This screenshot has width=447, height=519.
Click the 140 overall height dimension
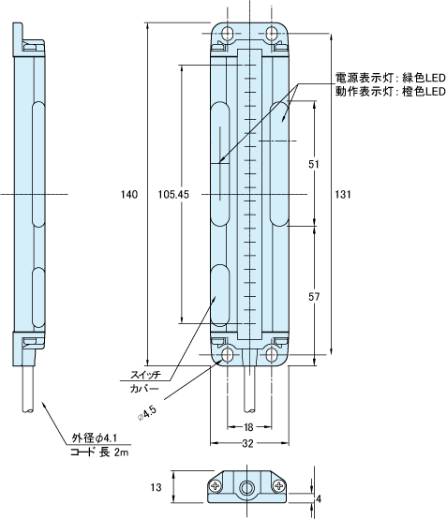click(x=128, y=194)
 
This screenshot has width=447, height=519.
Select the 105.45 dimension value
click(x=173, y=194)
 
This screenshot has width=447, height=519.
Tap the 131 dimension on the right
click(x=343, y=194)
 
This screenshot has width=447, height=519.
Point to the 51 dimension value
click(x=314, y=164)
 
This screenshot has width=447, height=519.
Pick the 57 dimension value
click(x=314, y=297)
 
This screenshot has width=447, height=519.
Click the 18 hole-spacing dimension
click(x=248, y=427)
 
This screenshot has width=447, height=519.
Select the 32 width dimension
click(x=247, y=443)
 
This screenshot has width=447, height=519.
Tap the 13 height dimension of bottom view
click(x=156, y=487)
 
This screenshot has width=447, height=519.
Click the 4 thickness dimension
click(x=319, y=498)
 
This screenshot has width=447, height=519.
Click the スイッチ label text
click(x=145, y=375)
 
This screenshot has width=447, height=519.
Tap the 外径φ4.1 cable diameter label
click(x=95, y=438)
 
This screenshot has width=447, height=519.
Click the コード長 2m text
click(x=99, y=452)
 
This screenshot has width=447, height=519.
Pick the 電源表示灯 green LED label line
click(x=391, y=78)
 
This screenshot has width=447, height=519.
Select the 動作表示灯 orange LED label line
click(x=391, y=92)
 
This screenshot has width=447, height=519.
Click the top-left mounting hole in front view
click(x=227, y=33)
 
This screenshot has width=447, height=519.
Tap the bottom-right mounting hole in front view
click(x=272, y=354)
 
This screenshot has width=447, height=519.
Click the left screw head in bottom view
click(x=216, y=486)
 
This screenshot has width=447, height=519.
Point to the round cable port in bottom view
click(x=246, y=487)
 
